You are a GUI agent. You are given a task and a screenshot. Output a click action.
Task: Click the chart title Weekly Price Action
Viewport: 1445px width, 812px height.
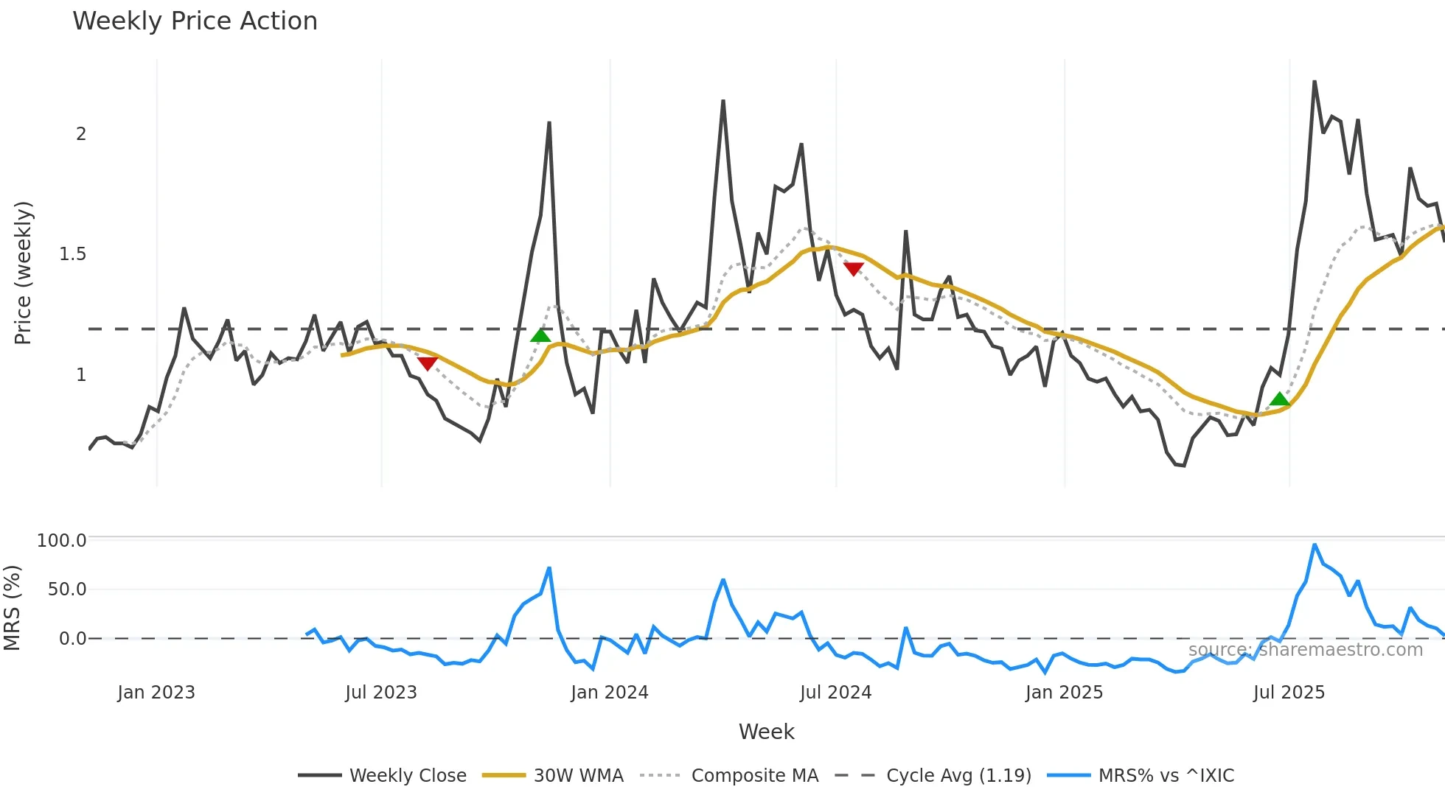(x=195, y=21)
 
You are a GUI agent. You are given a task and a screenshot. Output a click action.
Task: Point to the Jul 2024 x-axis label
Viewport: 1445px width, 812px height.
(x=835, y=693)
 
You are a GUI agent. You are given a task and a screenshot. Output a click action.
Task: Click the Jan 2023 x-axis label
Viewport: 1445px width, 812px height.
(x=156, y=693)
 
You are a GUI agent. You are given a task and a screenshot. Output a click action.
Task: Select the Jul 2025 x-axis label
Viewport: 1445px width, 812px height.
(x=1289, y=693)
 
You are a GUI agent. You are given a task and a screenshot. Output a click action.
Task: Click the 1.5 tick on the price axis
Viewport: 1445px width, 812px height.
(x=72, y=254)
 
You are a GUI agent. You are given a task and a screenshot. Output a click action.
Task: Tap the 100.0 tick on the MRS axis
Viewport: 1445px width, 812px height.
(x=62, y=541)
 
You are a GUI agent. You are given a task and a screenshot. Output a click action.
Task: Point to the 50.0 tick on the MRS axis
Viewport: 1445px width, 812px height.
(x=66, y=589)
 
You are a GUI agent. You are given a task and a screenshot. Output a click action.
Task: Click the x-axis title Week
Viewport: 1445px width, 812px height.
(x=766, y=732)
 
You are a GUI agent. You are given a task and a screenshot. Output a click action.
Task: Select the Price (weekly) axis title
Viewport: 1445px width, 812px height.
(x=23, y=273)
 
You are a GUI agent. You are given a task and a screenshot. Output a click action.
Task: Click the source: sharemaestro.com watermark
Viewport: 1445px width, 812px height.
(x=1305, y=650)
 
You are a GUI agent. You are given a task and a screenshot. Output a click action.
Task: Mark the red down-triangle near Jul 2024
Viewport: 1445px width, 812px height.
(x=854, y=269)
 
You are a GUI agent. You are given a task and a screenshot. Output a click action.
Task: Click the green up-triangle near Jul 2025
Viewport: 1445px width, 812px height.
(x=1280, y=399)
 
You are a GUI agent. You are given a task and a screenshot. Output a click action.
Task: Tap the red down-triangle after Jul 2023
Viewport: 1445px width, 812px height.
(x=428, y=363)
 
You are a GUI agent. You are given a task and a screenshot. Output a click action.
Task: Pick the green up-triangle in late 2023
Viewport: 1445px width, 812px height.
(x=540, y=336)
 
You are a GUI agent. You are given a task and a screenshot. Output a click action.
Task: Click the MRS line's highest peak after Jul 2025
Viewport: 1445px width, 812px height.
(x=1315, y=545)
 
